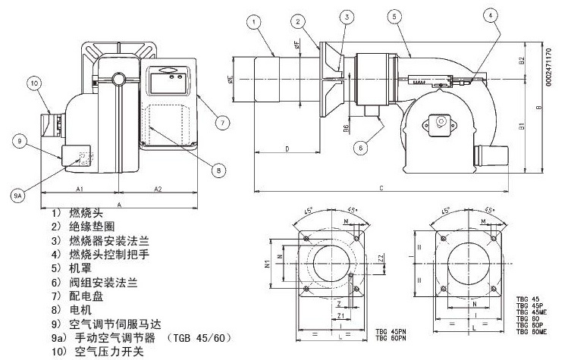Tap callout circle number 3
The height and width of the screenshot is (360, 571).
click(346, 16)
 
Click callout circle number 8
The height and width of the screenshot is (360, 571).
click(218, 171)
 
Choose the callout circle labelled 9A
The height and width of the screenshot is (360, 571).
click(18, 195)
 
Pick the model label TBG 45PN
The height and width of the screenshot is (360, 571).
click(391, 331)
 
